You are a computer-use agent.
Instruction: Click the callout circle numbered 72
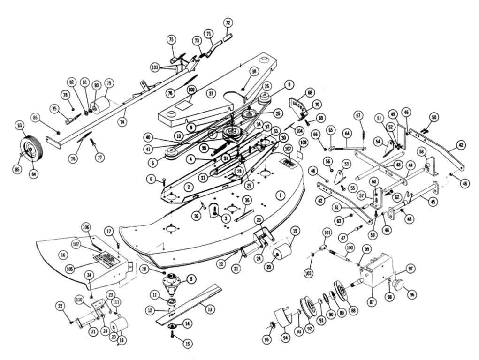coord(228,22)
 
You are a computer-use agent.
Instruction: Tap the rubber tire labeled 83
coord(31,149)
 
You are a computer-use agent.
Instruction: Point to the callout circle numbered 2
coord(189,187)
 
